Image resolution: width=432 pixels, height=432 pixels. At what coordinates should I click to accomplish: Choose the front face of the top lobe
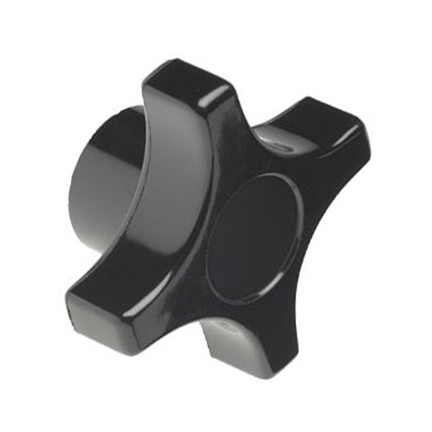click(x=202, y=135)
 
